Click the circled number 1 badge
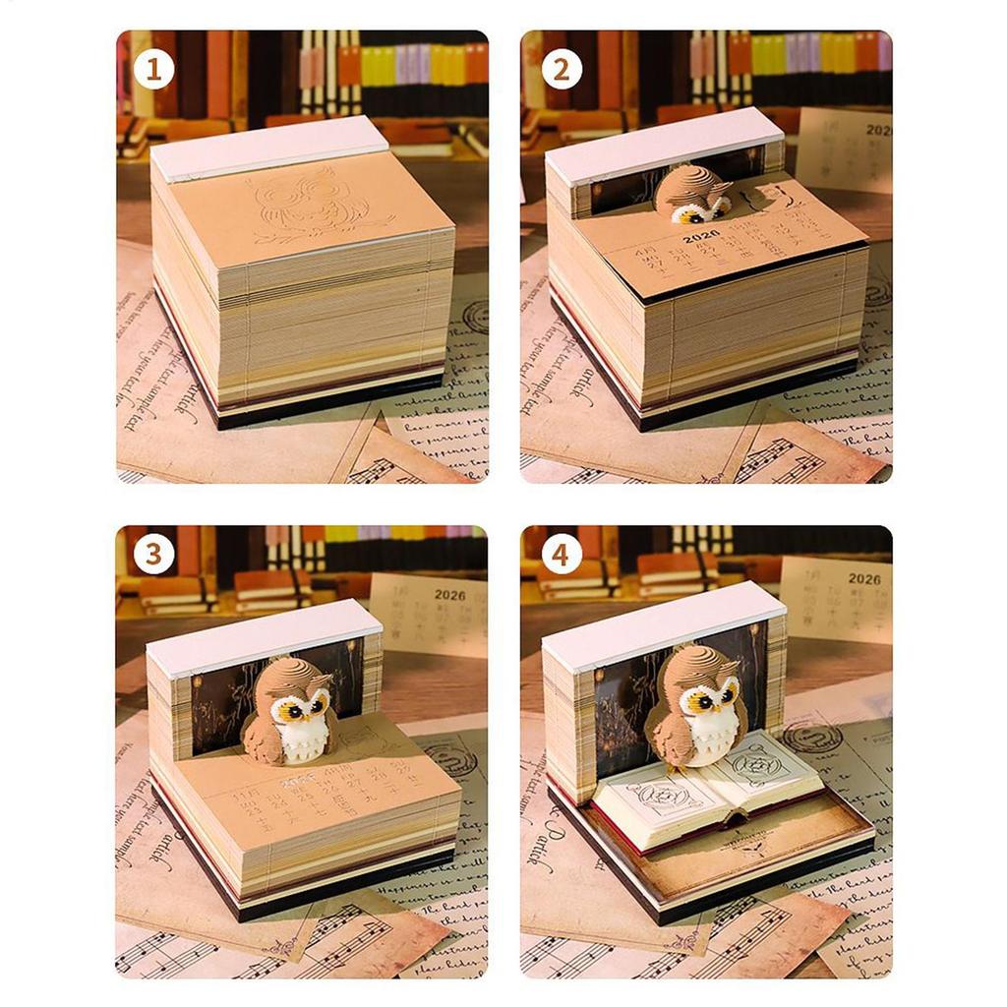pyautogui.click(x=153, y=70)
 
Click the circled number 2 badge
pyautogui.click(x=561, y=70)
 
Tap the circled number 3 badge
pyautogui.click(x=153, y=555)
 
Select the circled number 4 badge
pyautogui.click(x=561, y=555)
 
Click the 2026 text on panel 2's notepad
pyautogui.click(x=701, y=236)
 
